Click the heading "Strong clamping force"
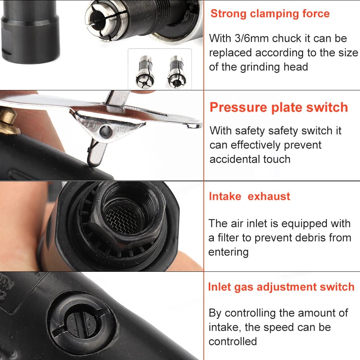point(270,14)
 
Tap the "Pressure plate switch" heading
point(279,107)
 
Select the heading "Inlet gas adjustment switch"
point(281,287)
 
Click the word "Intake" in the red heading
point(225,197)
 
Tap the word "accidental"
point(235,159)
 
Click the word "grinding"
point(260,67)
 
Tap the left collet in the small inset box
point(145,72)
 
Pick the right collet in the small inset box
point(176,71)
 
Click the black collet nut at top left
point(30,32)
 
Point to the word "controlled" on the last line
point(233,341)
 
